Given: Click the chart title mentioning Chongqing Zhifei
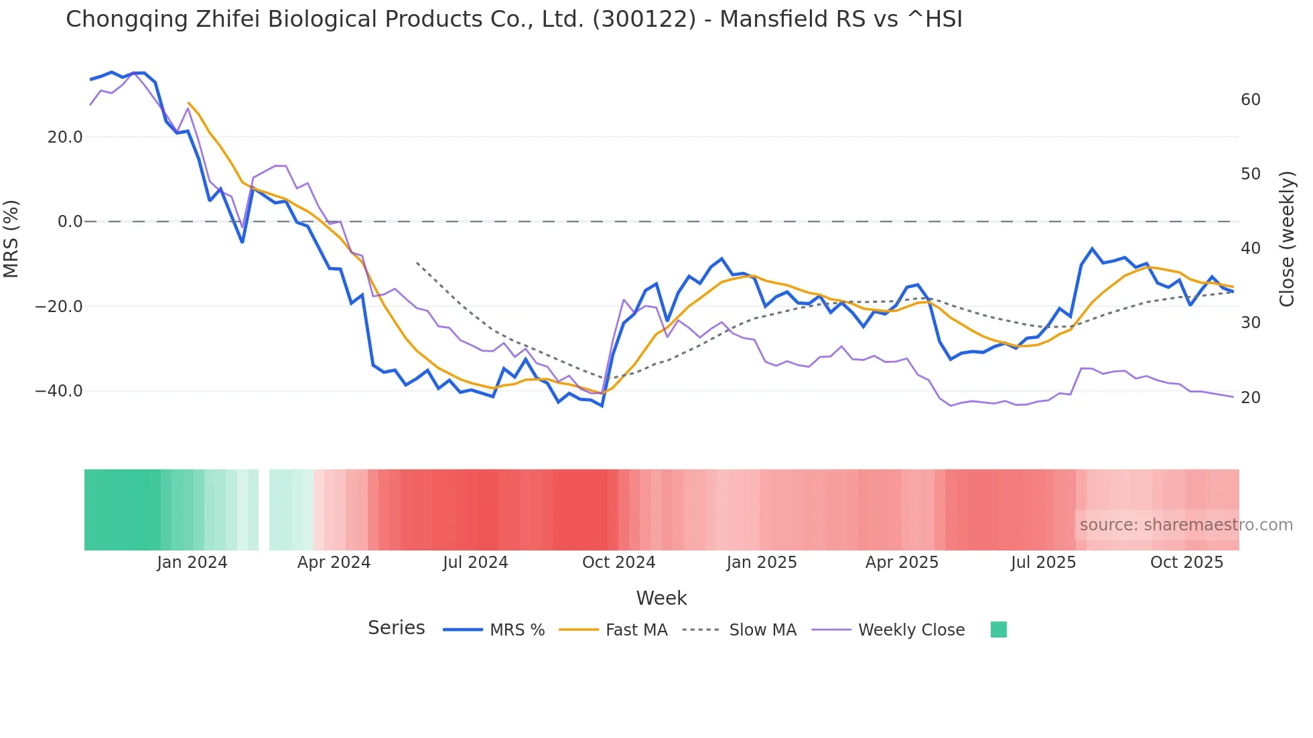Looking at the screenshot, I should point(514,19).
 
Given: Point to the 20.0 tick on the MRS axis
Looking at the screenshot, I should point(65,137).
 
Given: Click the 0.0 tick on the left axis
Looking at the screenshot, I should point(70,222).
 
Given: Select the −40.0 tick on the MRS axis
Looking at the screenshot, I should point(59,391).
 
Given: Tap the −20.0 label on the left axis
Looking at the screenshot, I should point(59,307).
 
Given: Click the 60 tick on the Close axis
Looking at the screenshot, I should point(1250,100).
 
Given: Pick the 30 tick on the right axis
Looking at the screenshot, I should point(1250,323).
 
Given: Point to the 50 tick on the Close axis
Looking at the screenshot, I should point(1250,174).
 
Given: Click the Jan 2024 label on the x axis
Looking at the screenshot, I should point(192,563).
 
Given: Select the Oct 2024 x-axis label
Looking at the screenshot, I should point(618,563).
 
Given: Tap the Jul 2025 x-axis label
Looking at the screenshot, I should point(1043,563).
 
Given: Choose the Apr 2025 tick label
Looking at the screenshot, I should point(902,563).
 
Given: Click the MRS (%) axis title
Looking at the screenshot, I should point(11,238).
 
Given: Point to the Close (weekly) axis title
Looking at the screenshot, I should point(1286,238).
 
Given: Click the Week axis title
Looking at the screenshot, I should point(661,598).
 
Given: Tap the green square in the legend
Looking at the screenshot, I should point(998,630).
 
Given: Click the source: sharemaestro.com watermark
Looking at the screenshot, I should point(1186,525).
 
